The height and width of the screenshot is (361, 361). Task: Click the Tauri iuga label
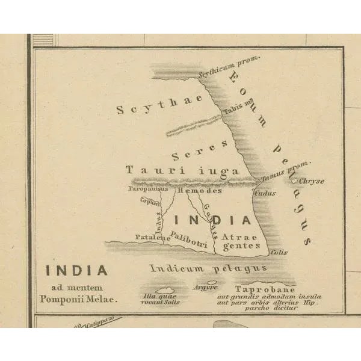click(182, 171)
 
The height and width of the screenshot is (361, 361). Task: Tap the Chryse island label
click(312, 180)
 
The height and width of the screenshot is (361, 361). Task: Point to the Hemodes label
click(200, 191)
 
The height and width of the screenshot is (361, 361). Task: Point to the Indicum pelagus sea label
click(208, 268)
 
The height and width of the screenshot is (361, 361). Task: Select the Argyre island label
click(206, 288)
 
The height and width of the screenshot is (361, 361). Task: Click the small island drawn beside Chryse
click(294, 180)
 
